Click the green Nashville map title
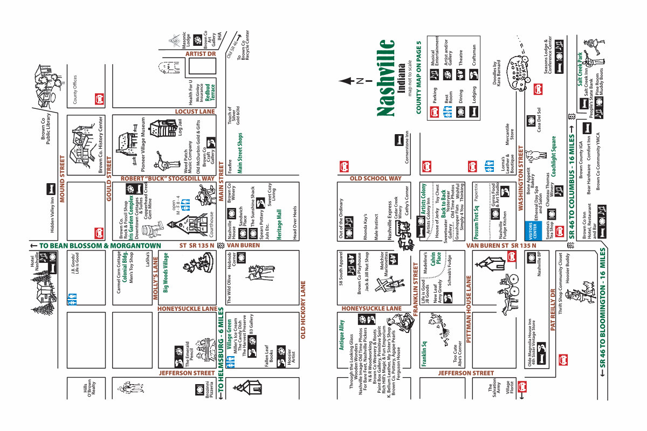pos(387,78)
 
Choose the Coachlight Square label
pos(554,154)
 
